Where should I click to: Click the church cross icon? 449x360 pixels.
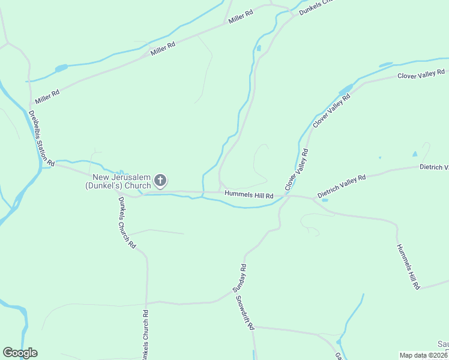(160, 181)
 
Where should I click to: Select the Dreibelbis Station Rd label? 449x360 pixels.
(41, 137)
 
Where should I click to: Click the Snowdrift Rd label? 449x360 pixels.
(246, 313)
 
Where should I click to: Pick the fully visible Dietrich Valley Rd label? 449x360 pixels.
(342, 186)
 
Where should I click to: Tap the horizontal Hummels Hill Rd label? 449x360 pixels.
(249, 196)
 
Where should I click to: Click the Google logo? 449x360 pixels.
(20, 353)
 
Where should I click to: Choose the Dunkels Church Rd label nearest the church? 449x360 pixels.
(127, 223)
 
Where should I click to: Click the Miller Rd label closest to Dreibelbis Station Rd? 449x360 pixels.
(47, 94)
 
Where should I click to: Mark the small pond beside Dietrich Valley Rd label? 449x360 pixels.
(325, 200)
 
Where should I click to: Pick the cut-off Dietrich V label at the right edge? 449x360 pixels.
(434, 167)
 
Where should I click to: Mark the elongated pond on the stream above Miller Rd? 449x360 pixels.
(61, 68)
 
